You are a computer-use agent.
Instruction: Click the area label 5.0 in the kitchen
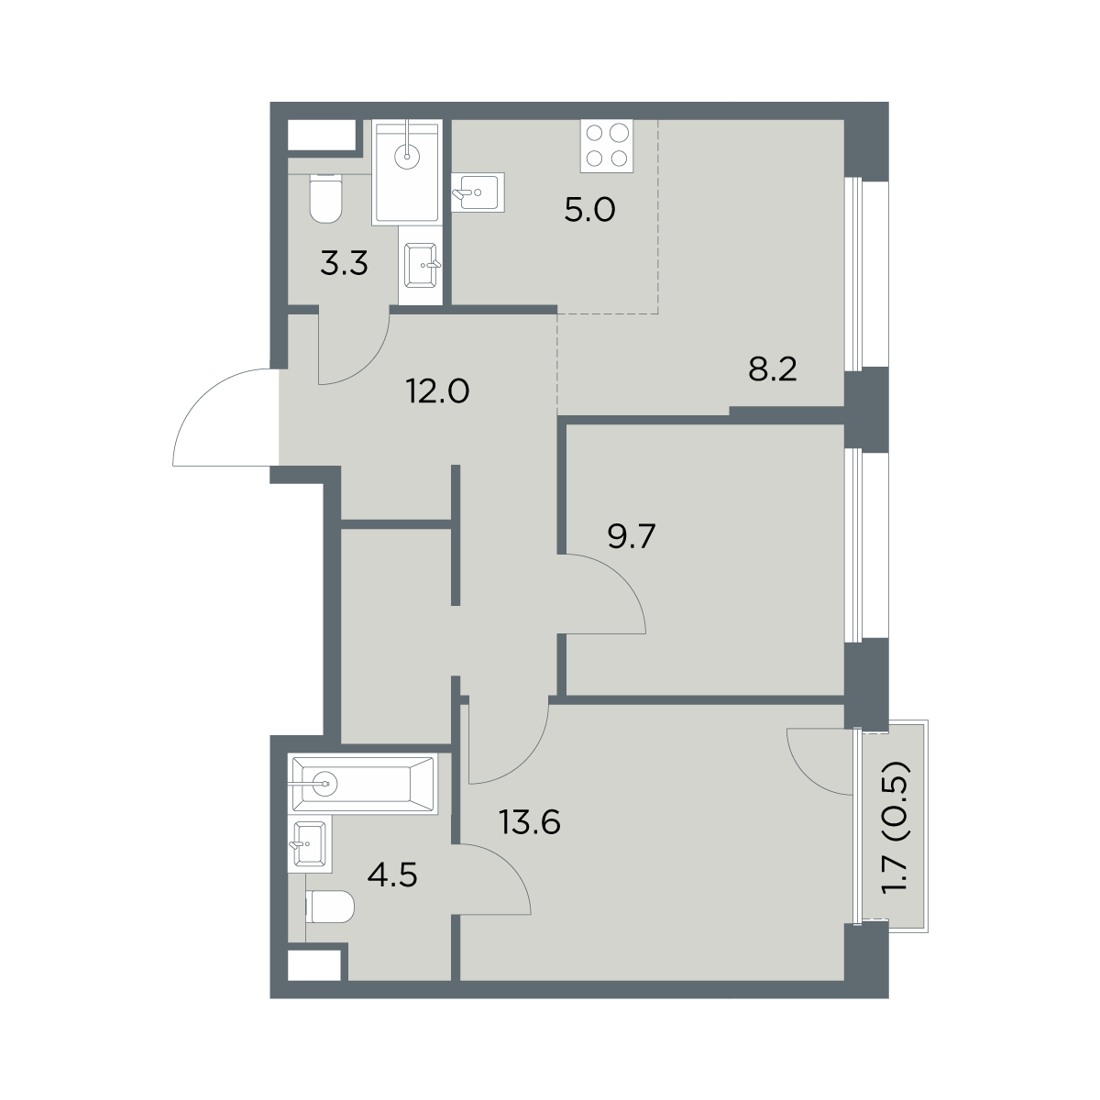(x=589, y=211)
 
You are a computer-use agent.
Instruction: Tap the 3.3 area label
(x=344, y=265)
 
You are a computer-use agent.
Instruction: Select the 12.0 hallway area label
(x=438, y=392)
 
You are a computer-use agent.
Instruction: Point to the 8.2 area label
(x=773, y=370)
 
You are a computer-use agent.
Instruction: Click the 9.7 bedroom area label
(x=632, y=536)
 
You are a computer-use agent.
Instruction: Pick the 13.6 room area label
(x=530, y=823)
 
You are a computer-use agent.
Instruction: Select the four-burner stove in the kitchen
(x=608, y=146)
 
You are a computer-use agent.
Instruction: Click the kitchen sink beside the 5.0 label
(x=478, y=192)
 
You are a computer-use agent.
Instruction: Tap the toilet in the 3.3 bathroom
(x=325, y=198)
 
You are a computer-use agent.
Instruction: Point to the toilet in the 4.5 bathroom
(x=331, y=907)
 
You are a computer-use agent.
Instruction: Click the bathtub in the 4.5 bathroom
(x=363, y=784)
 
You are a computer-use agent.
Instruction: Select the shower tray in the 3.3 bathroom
(x=407, y=171)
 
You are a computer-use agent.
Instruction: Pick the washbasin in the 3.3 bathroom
(x=422, y=266)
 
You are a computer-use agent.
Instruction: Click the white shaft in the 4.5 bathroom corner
(x=314, y=965)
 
